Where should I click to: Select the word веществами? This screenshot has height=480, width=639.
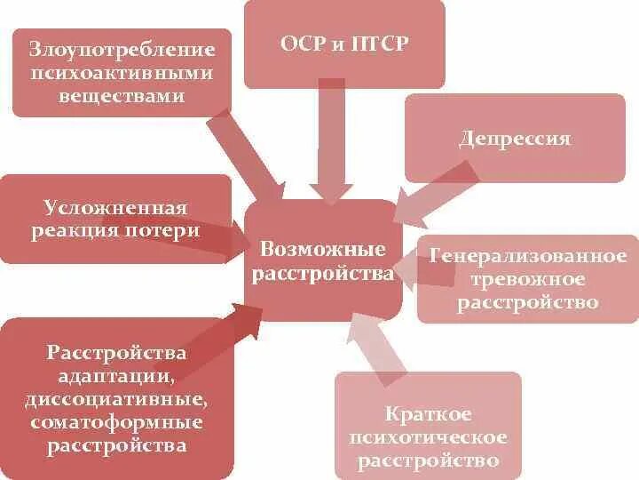122,94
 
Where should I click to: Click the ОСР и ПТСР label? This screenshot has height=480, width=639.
344,44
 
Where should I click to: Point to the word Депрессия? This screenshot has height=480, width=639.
515,140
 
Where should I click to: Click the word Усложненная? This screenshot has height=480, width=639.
115,208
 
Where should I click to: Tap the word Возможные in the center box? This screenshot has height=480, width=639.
323,250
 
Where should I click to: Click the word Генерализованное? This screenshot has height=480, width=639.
528,256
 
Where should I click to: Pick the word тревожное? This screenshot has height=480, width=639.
528,279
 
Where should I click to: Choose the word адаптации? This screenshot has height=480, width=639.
117,376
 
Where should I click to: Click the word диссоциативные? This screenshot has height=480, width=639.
117,398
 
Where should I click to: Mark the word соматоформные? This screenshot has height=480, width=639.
117,421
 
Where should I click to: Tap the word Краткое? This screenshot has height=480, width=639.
429,414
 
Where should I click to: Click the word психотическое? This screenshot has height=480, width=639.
429,437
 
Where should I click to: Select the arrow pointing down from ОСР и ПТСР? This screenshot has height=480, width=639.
332,142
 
